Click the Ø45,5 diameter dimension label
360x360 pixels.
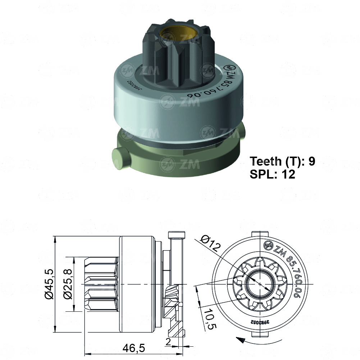(x=49, y=284)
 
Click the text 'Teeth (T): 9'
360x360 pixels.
(x=282, y=161)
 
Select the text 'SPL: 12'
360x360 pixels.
(x=272, y=174)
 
